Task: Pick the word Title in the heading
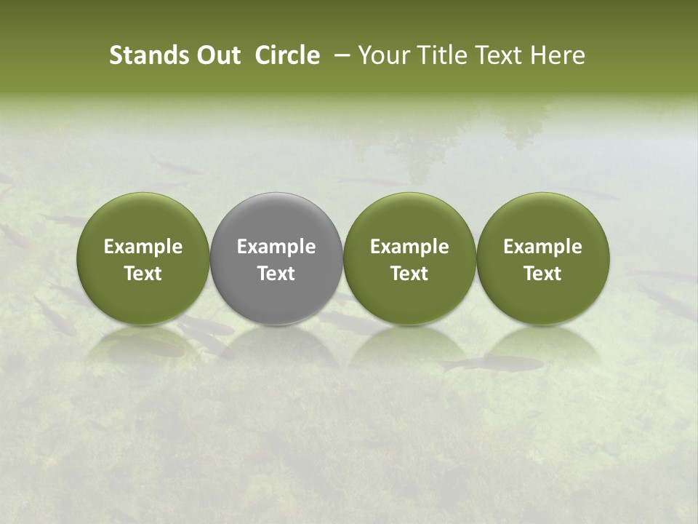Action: point(439,55)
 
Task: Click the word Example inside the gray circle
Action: point(276,247)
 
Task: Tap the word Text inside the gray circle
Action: point(276,274)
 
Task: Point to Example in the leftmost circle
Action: point(143,247)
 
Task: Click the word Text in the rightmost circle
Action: point(543,274)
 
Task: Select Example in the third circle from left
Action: point(409,247)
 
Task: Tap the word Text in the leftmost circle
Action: point(143,274)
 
